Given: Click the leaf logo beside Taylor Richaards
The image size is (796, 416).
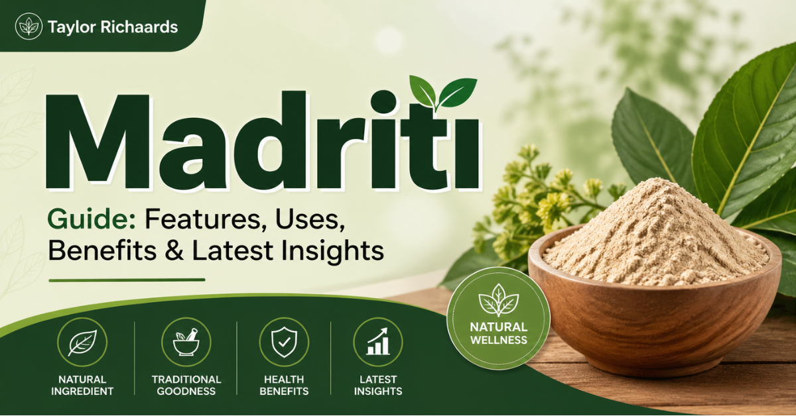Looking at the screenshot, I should [29, 26].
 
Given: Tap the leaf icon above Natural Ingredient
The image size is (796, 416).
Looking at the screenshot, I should [81, 342].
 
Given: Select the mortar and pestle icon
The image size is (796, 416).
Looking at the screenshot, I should [185, 342].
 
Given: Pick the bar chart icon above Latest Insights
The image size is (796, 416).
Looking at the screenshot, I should [377, 342].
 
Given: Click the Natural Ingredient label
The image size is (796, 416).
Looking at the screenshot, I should [81, 385].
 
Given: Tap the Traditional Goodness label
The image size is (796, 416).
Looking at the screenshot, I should [185, 385].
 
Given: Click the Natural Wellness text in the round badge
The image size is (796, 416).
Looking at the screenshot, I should [497, 333].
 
